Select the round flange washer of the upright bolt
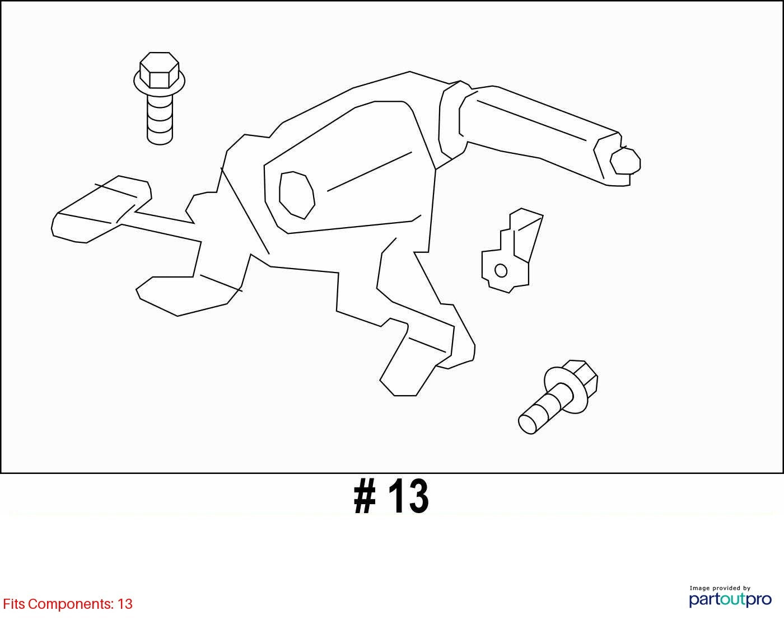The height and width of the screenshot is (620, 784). point(159,86)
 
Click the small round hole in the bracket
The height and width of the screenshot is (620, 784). point(501,270)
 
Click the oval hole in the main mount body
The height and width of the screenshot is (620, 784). point(297,195)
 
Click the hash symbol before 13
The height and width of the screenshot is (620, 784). point(365,496)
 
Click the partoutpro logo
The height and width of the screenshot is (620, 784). point(730,600)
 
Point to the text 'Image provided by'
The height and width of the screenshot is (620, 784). point(720,588)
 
